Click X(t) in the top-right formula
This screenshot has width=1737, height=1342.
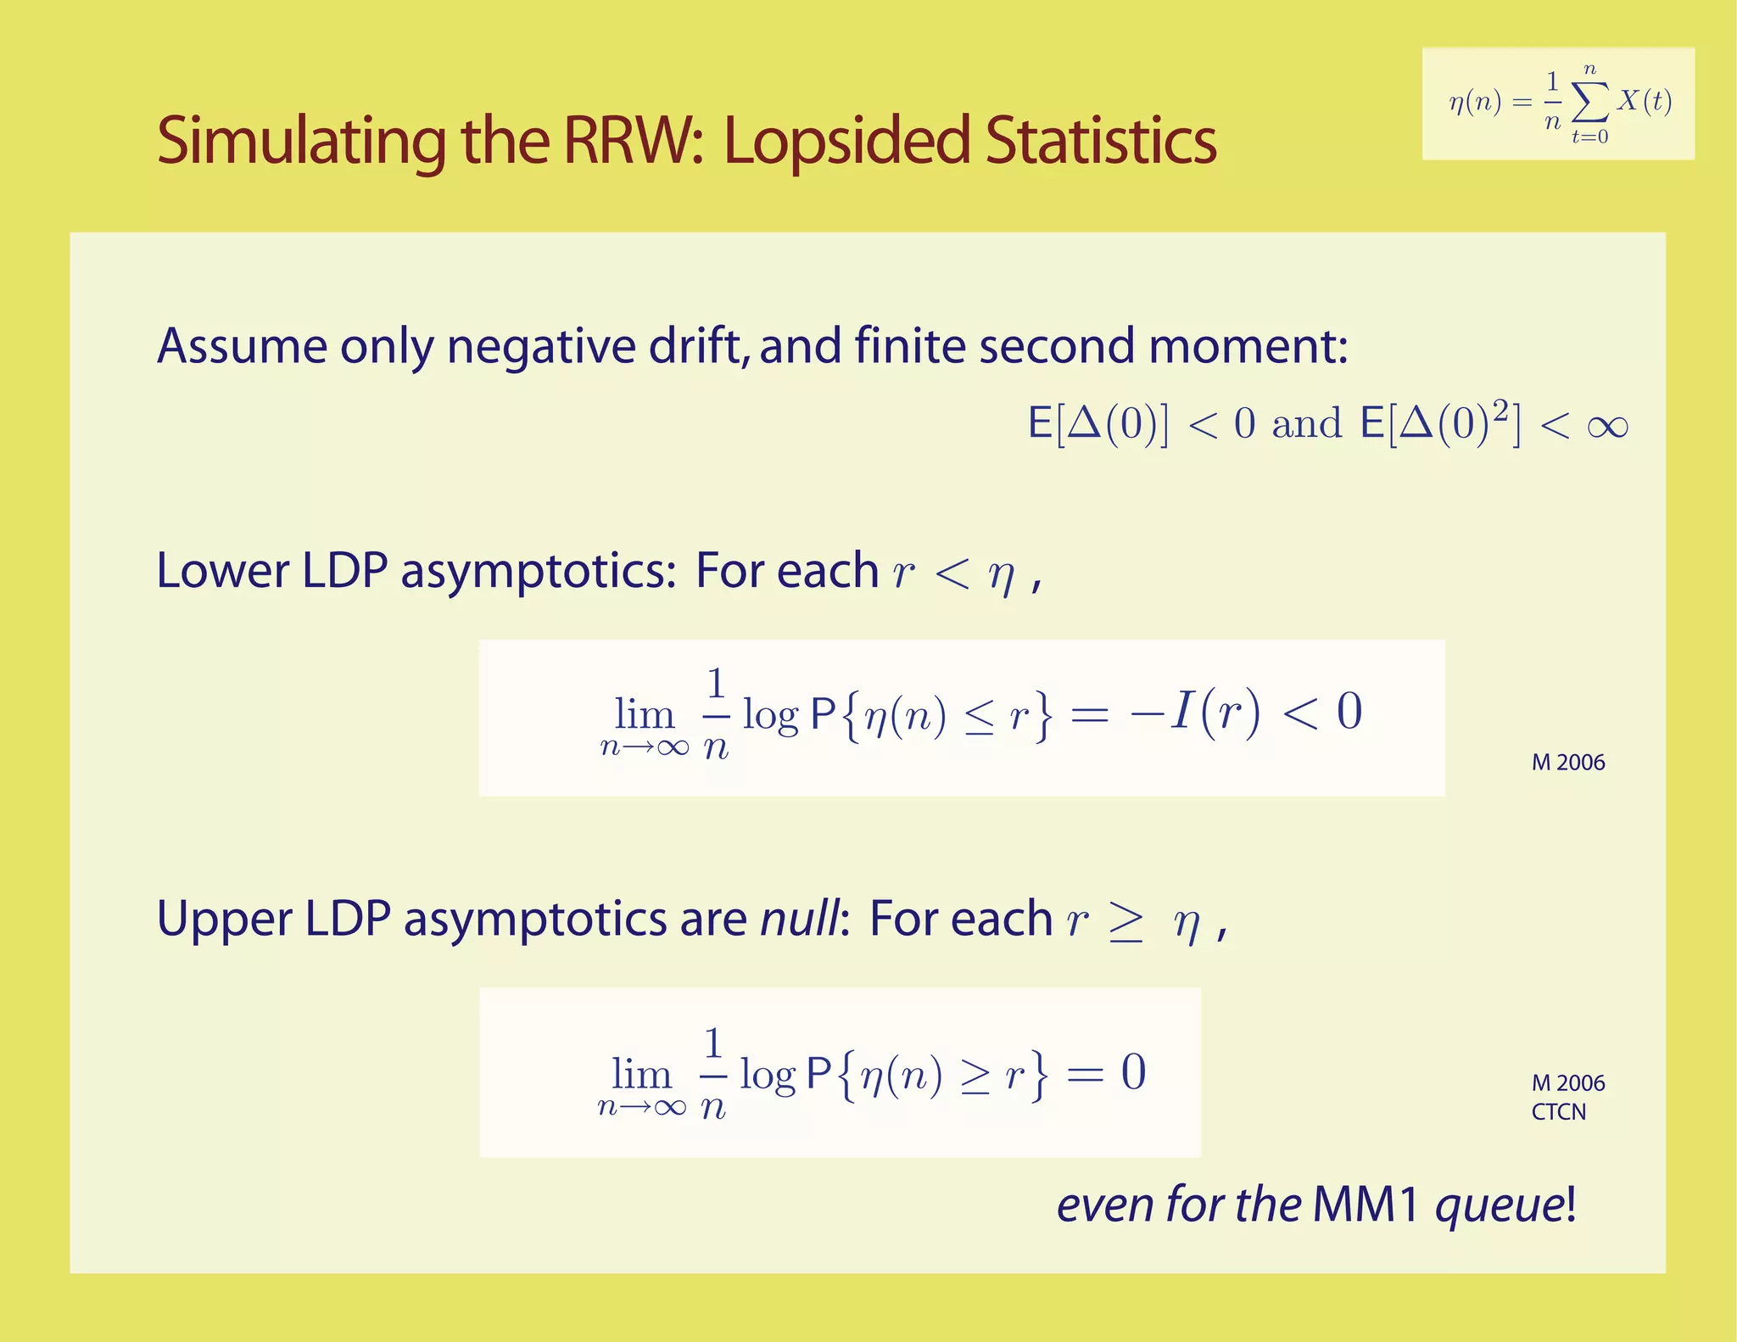(1644, 101)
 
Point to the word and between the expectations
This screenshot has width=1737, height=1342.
(1306, 424)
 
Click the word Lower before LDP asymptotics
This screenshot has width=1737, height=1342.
(222, 570)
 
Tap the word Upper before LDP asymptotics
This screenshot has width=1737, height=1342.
(225, 919)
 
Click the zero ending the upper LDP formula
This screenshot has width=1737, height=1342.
(1133, 1072)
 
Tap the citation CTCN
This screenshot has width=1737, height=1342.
(1558, 1112)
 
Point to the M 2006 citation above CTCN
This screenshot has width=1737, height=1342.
(1567, 1083)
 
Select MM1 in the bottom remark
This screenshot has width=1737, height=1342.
(1365, 1205)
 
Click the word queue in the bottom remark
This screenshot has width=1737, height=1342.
(1500, 1206)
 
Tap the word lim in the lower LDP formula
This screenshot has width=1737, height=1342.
(644, 714)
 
